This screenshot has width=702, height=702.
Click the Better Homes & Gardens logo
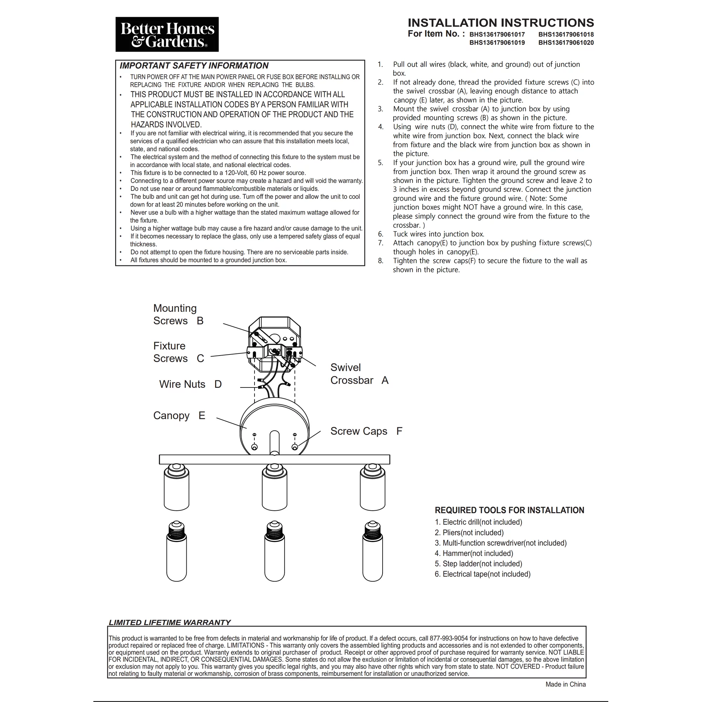(x=167, y=34)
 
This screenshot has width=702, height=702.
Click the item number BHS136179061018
(x=566, y=34)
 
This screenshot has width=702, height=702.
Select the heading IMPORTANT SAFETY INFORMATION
(x=194, y=66)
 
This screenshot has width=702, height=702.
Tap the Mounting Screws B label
(x=178, y=314)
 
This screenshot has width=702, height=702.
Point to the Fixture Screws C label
(x=178, y=352)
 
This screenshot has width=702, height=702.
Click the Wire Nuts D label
(x=190, y=384)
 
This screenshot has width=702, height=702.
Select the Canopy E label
(x=179, y=415)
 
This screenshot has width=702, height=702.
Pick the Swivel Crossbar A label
(x=359, y=374)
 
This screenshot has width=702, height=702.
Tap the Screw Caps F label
(x=366, y=431)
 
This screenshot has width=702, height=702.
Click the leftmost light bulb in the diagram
(x=177, y=551)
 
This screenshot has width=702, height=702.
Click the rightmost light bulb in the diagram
(x=372, y=551)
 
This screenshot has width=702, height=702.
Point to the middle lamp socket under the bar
(x=274, y=489)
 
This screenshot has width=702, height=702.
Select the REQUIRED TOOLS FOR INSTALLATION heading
(x=509, y=510)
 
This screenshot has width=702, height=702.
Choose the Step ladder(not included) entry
(x=478, y=564)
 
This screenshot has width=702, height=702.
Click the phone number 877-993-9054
(x=449, y=638)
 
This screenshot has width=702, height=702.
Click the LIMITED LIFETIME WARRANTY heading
(x=170, y=622)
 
